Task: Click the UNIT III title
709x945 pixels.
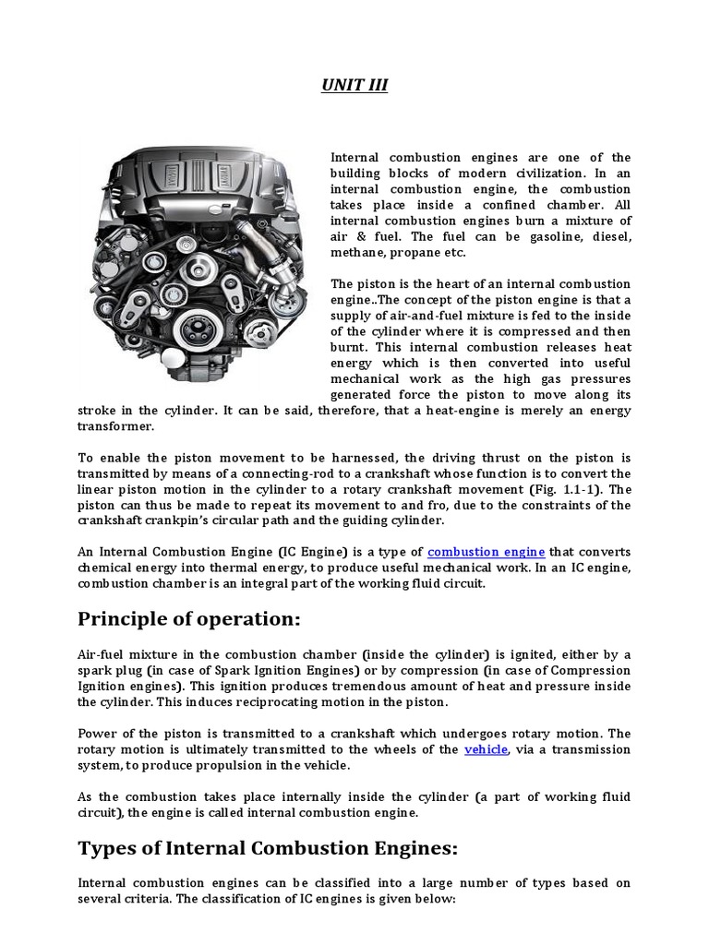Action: (354, 86)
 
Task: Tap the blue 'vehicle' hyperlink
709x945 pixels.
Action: (486, 749)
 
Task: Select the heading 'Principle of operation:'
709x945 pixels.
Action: (188, 619)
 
